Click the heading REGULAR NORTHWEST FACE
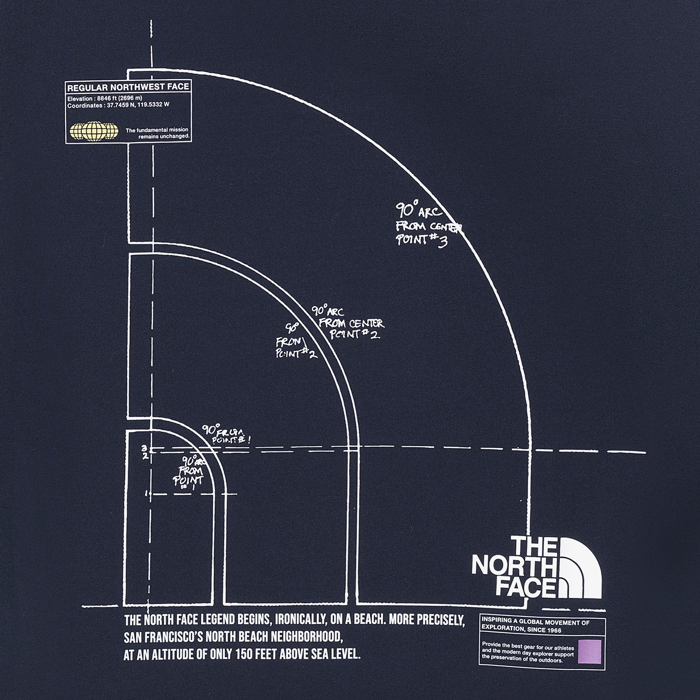[128, 87]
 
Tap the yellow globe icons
[94, 131]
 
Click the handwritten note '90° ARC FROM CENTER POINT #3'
[428, 225]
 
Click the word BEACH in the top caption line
[370, 620]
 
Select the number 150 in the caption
[246, 654]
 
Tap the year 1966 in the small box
[553, 630]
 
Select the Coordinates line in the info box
[118, 105]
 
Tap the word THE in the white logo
[534, 547]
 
